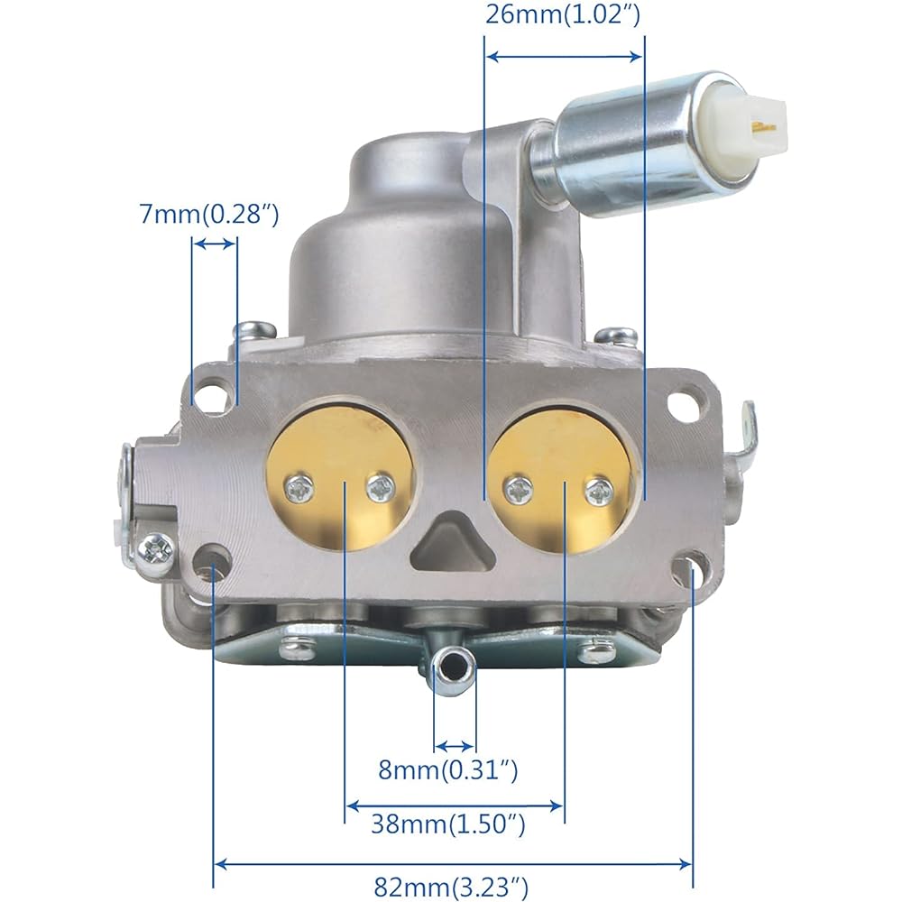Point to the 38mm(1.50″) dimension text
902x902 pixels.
[x=447, y=824]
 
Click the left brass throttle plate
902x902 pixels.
[x=343, y=475]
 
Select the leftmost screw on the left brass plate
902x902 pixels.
[x=299, y=491]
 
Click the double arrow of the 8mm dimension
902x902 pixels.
[x=454, y=746]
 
